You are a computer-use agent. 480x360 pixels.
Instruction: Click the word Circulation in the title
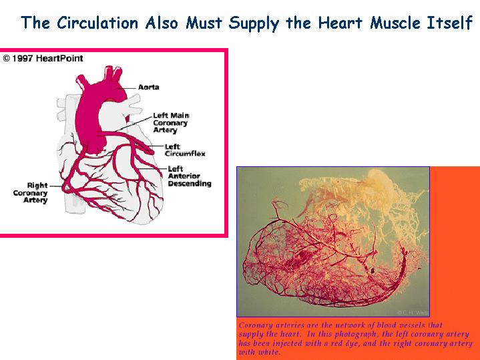(x=98, y=23)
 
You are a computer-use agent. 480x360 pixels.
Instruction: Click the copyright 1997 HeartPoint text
(x=43, y=58)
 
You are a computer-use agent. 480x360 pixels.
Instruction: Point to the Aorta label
(x=149, y=87)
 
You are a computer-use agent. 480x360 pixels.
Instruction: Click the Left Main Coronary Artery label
(x=171, y=123)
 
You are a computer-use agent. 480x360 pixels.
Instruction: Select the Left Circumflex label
(x=185, y=150)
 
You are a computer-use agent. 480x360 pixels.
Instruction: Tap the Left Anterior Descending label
(x=190, y=176)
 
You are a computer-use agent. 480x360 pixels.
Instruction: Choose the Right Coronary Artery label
(x=30, y=193)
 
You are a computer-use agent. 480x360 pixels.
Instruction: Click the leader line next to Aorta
(x=126, y=88)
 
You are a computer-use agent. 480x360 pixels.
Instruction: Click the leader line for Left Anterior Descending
(x=152, y=169)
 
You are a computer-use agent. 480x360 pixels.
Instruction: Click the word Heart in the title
(x=340, y=23)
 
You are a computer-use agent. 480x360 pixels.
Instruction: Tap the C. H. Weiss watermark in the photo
(x=413, y=313)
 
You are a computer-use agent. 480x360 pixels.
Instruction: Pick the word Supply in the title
(x=254, y=23)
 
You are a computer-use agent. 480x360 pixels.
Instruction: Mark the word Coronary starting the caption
(x=252, y=326)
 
